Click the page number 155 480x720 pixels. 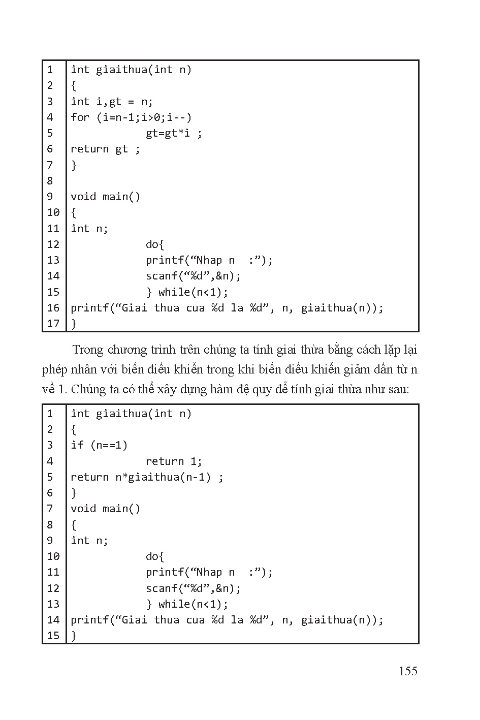pyautogui.click(x=408, y=671)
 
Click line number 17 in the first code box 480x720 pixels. pyautogui.click(x=53, y=323)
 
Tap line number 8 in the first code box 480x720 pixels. pyautogui.click(x=50, y=180)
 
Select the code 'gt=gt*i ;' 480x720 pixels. pyautogui.click(x=174, y=133)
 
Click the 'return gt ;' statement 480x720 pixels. pyautogui.click(x=105, y=149)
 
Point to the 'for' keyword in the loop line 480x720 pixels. pyautogui.click(x=80, y=117)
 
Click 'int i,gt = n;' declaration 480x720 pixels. pyautogui.click(x=112, y=102)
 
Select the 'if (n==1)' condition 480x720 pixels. pyautogui.click(x=99, y=445)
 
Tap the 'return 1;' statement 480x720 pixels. pyautogui.click(x=174, y=461)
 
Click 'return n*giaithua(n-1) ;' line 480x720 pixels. pyautogui.click(x=147, y=477)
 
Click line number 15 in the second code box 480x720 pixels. pyautogui.click(x=53, y=635)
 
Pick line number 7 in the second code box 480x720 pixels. pyautogui.click(x=50, y=509)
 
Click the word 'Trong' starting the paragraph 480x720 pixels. pyautogui.click(x=87, y=350)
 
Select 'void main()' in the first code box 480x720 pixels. pyautogui.click(x=105, y=197)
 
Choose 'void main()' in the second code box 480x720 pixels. pyautogui.click(x=105, y=509)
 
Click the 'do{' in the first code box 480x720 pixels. pyautogui.click(x=155, y=244)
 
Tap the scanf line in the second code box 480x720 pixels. pyautogui.click(x=193, y=588)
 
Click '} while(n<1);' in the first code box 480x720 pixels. pyautogui.click(x=187, y=292)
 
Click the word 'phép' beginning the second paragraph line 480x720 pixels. pyautogui.click(x=54, y=370)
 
